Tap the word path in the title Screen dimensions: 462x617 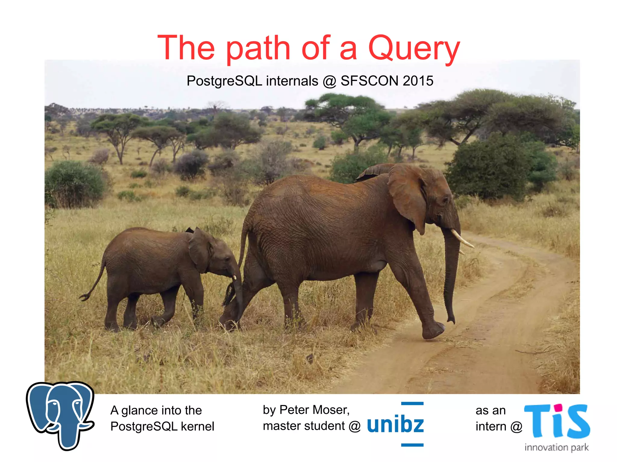point(258,48)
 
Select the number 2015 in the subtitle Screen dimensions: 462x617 point(418,81)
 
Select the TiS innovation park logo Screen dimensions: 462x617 point(557,424)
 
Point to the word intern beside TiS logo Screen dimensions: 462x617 point(491,426)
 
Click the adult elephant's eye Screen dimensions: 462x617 point(445,200)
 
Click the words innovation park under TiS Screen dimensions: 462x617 point(556,447)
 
